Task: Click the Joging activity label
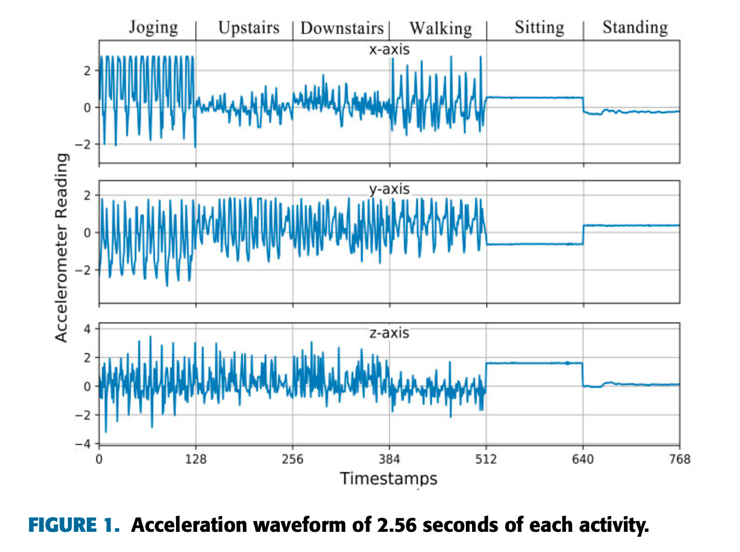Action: pos(153,27)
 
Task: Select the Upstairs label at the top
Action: pos(248,27)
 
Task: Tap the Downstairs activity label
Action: pos(341,28)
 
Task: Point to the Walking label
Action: pos(441,28)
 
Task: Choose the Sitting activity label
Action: pos(539,27)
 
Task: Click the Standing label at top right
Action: pos(635,27)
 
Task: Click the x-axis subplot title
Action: pos(389,49)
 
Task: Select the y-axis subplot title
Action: pos(389,189)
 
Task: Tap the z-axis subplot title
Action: pos(389,333)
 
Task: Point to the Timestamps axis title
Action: pos(388,479)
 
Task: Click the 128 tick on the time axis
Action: pos(196,459)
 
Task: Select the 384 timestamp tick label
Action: pos(389,459)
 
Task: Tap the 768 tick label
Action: pos(679,459)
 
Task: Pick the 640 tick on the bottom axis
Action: pos(583,459)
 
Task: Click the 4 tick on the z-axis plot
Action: pos(87,329)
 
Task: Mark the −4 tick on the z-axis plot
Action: pos(83,444)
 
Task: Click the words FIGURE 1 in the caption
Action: pos(74,525)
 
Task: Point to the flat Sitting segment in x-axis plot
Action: pos(535,98)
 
